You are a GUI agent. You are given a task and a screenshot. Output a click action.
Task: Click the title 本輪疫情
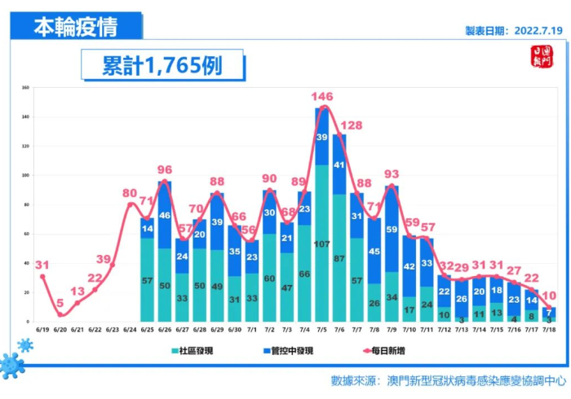tap(75, 27)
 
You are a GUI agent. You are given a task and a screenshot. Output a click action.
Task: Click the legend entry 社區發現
tap(216, 351)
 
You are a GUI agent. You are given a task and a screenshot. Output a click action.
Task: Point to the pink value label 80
tap(130, 193)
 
